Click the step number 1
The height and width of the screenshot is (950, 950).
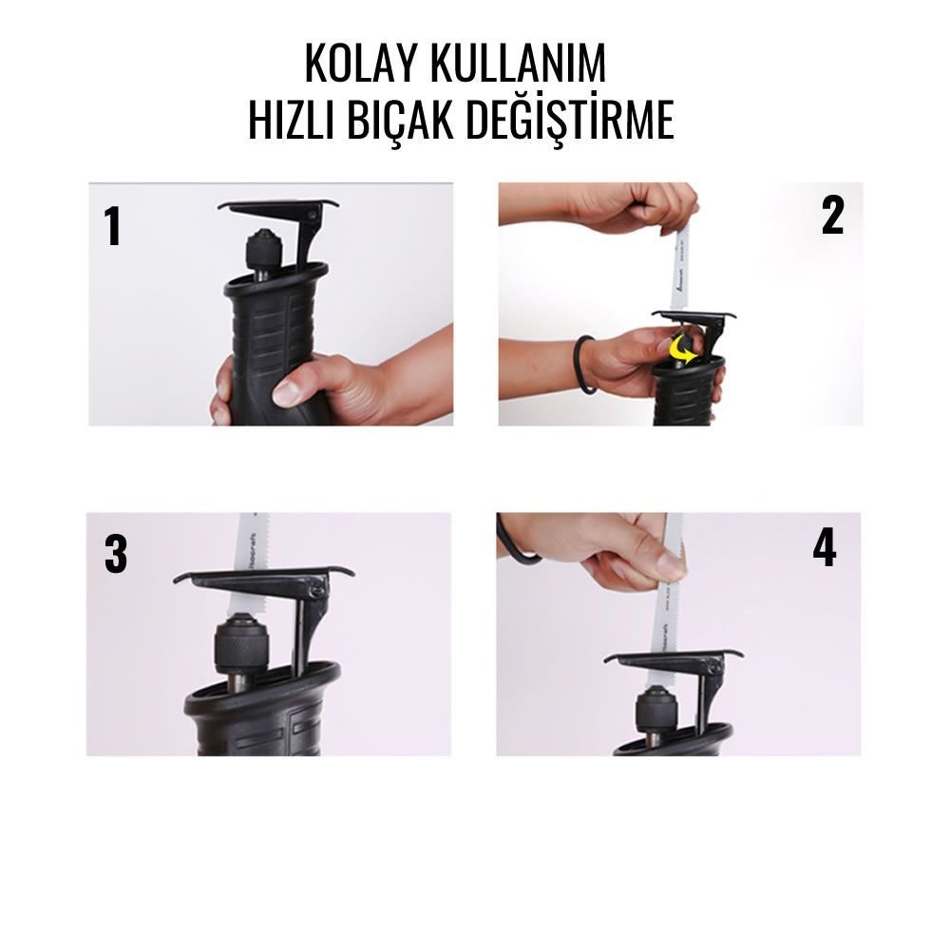click(113, 227)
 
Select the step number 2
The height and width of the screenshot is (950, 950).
click(832, 217)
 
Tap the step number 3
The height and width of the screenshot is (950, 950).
click(115, 555)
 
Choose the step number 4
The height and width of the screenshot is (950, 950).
click(824, 548)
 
